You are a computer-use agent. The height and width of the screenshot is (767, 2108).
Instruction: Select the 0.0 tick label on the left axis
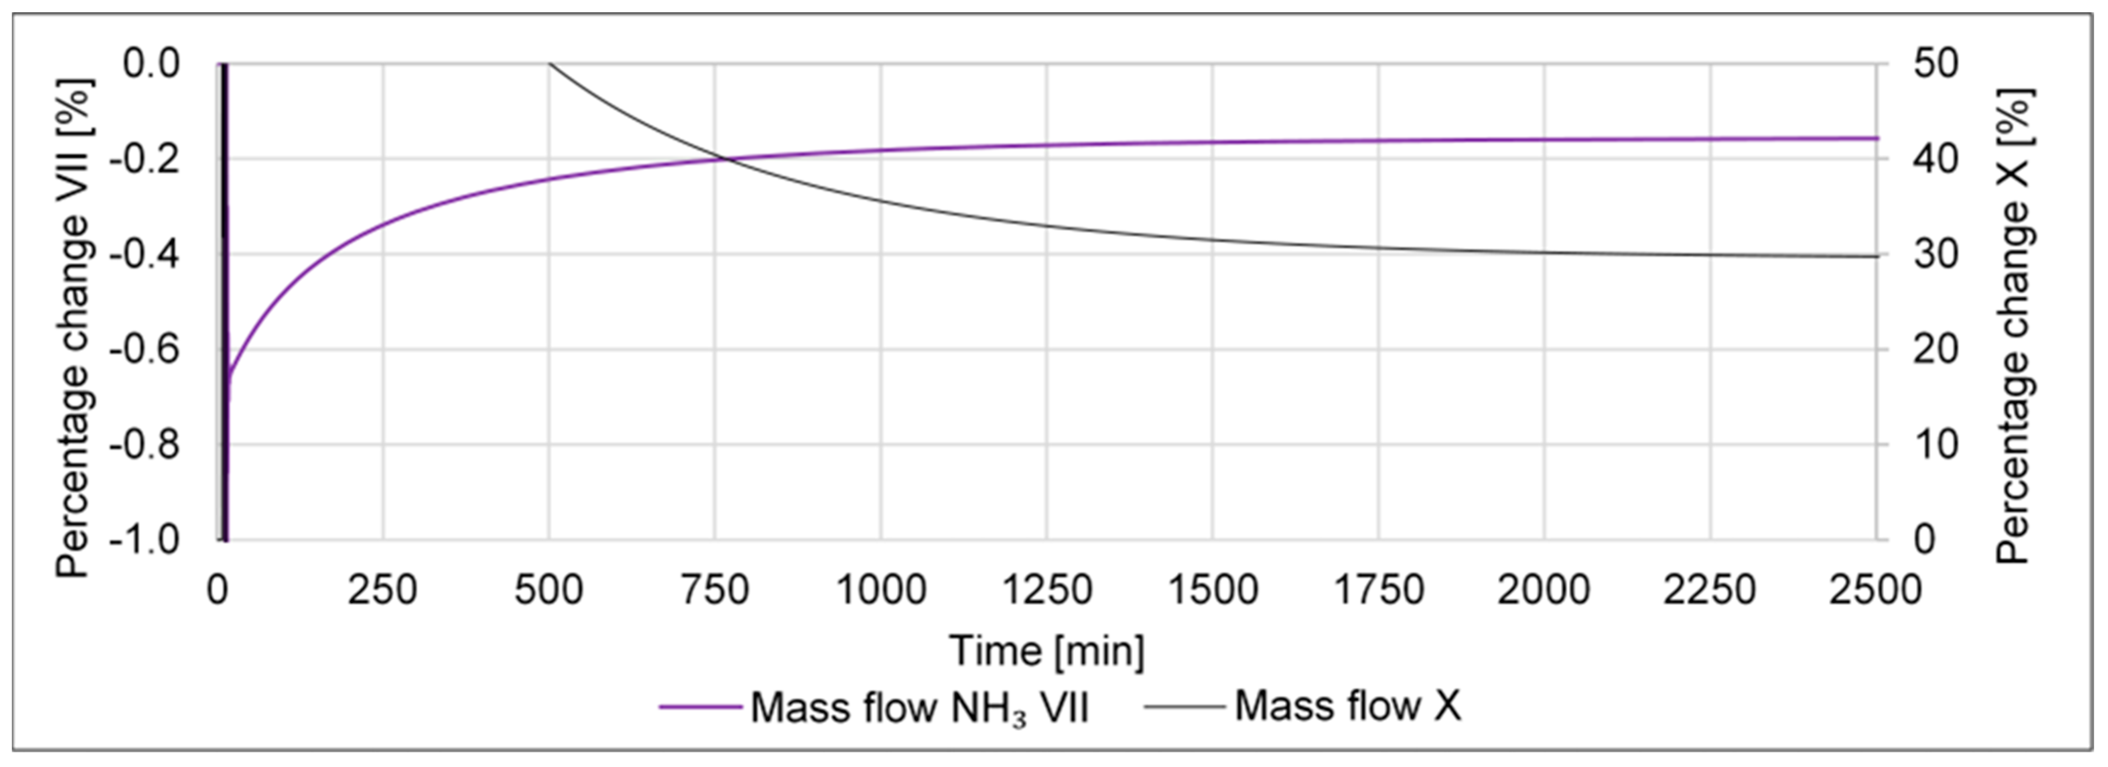coord(151,63)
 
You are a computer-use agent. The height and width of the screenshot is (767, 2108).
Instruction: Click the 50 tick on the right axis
coord(1935,63)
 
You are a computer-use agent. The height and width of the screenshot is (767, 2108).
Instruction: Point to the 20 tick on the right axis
coord(1935,349)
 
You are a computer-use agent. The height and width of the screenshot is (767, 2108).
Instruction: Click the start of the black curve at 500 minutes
coord(550,63)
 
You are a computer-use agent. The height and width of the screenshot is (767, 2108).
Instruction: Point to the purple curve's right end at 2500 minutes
coord(1877,138)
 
